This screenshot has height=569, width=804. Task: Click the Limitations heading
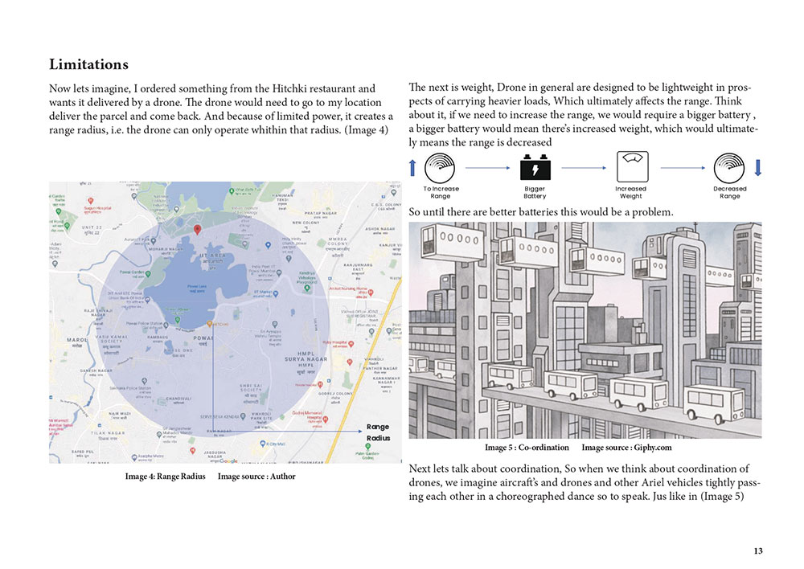[x=88, y=63]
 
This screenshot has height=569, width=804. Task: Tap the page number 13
[x=758, y=551]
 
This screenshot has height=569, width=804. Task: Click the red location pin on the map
[x=198, y=230]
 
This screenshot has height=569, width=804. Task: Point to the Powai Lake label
[x=197, y=285]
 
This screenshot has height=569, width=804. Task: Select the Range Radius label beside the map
[x=378, y=432]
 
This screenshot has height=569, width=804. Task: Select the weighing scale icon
[x=630, y=167]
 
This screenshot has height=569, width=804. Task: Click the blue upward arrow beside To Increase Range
[x=413, y=167]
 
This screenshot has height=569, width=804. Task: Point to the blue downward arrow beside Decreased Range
[x=757, y=167]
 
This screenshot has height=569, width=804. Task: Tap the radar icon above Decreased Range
[x=729, y=167]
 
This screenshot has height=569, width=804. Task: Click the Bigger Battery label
[x=535, y=193]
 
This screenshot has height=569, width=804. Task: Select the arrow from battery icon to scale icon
[x=583, y=168]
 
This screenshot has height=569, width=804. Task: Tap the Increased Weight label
[x=631, y=193]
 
